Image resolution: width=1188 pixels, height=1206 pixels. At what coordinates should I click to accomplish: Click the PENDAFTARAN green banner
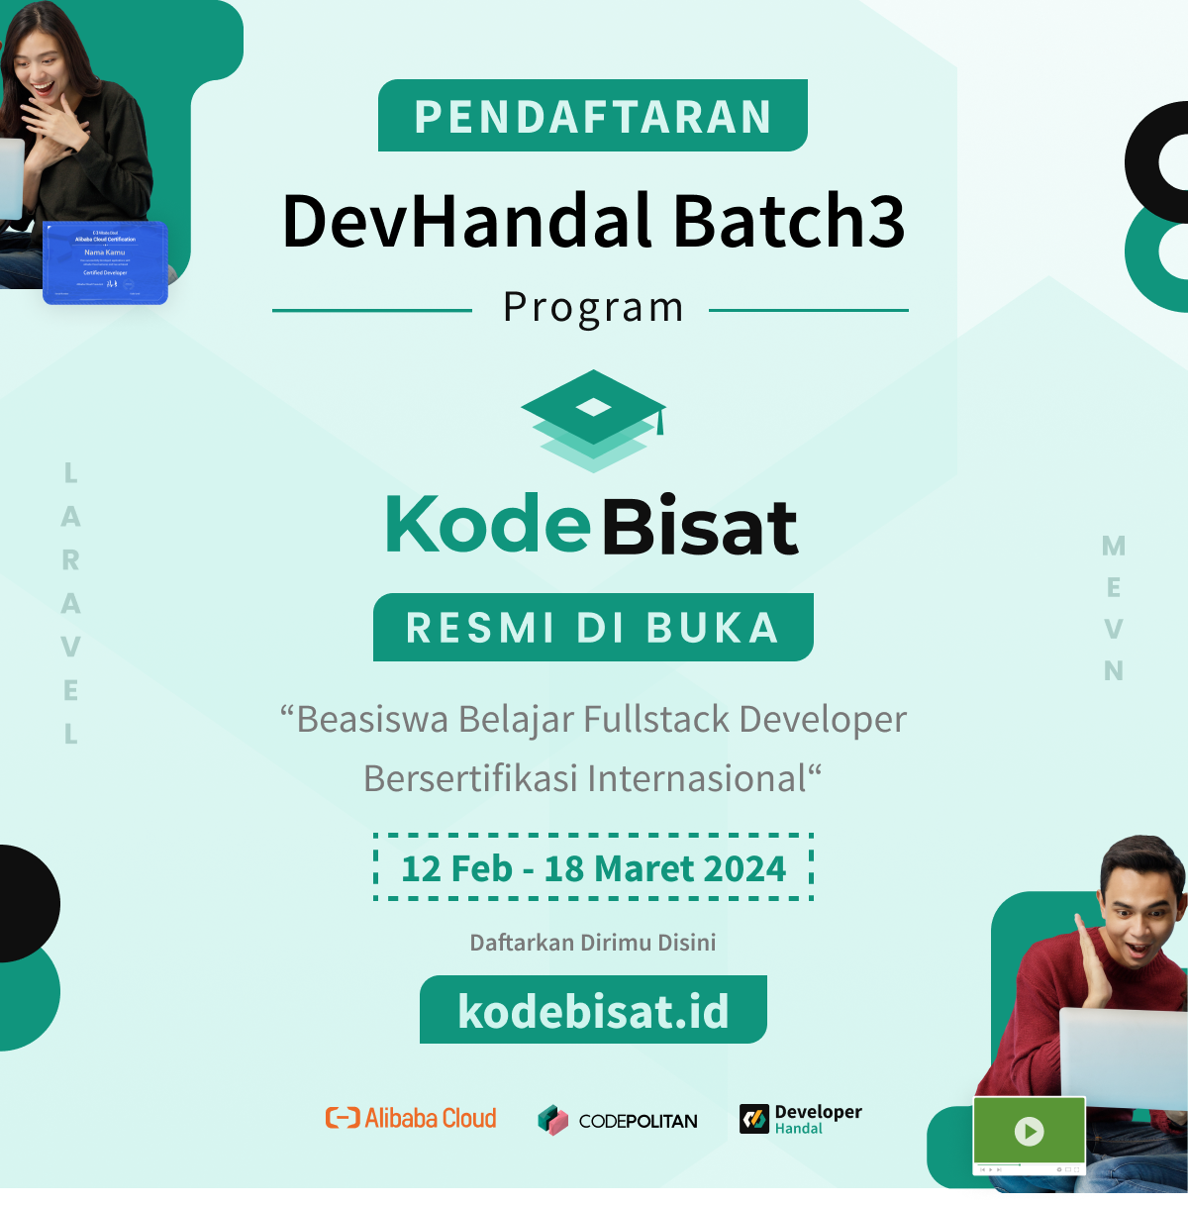(592, 116)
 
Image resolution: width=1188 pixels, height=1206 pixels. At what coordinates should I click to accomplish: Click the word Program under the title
(593, 308)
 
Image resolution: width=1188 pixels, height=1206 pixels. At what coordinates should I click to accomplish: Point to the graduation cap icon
(593, 419)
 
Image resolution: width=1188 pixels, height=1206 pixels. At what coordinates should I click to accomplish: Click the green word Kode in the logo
(488, 524)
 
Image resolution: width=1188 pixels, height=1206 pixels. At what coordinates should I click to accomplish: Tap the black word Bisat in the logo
(700, 527)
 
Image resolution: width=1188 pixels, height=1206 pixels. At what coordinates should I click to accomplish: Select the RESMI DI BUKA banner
(593, 628)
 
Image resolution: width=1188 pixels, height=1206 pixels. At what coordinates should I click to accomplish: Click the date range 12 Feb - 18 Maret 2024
(593, 868)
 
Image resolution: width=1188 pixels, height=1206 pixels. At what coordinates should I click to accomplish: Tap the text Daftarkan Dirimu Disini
(592, 943)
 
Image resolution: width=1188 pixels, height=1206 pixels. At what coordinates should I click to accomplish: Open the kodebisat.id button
(593, 1011)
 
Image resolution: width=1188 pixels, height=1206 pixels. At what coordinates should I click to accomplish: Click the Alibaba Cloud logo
(412, 1119)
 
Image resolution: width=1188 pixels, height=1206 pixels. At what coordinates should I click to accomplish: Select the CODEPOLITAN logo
(618, 1121)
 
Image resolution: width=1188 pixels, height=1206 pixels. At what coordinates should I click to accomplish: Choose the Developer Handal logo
(801, 1119)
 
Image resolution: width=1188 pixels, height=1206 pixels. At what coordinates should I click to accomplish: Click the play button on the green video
(1030, 1131)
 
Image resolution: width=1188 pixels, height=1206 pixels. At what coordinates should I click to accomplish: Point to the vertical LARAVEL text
(70, 604)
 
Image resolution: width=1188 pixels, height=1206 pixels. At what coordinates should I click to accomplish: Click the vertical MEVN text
(1114, 608)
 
